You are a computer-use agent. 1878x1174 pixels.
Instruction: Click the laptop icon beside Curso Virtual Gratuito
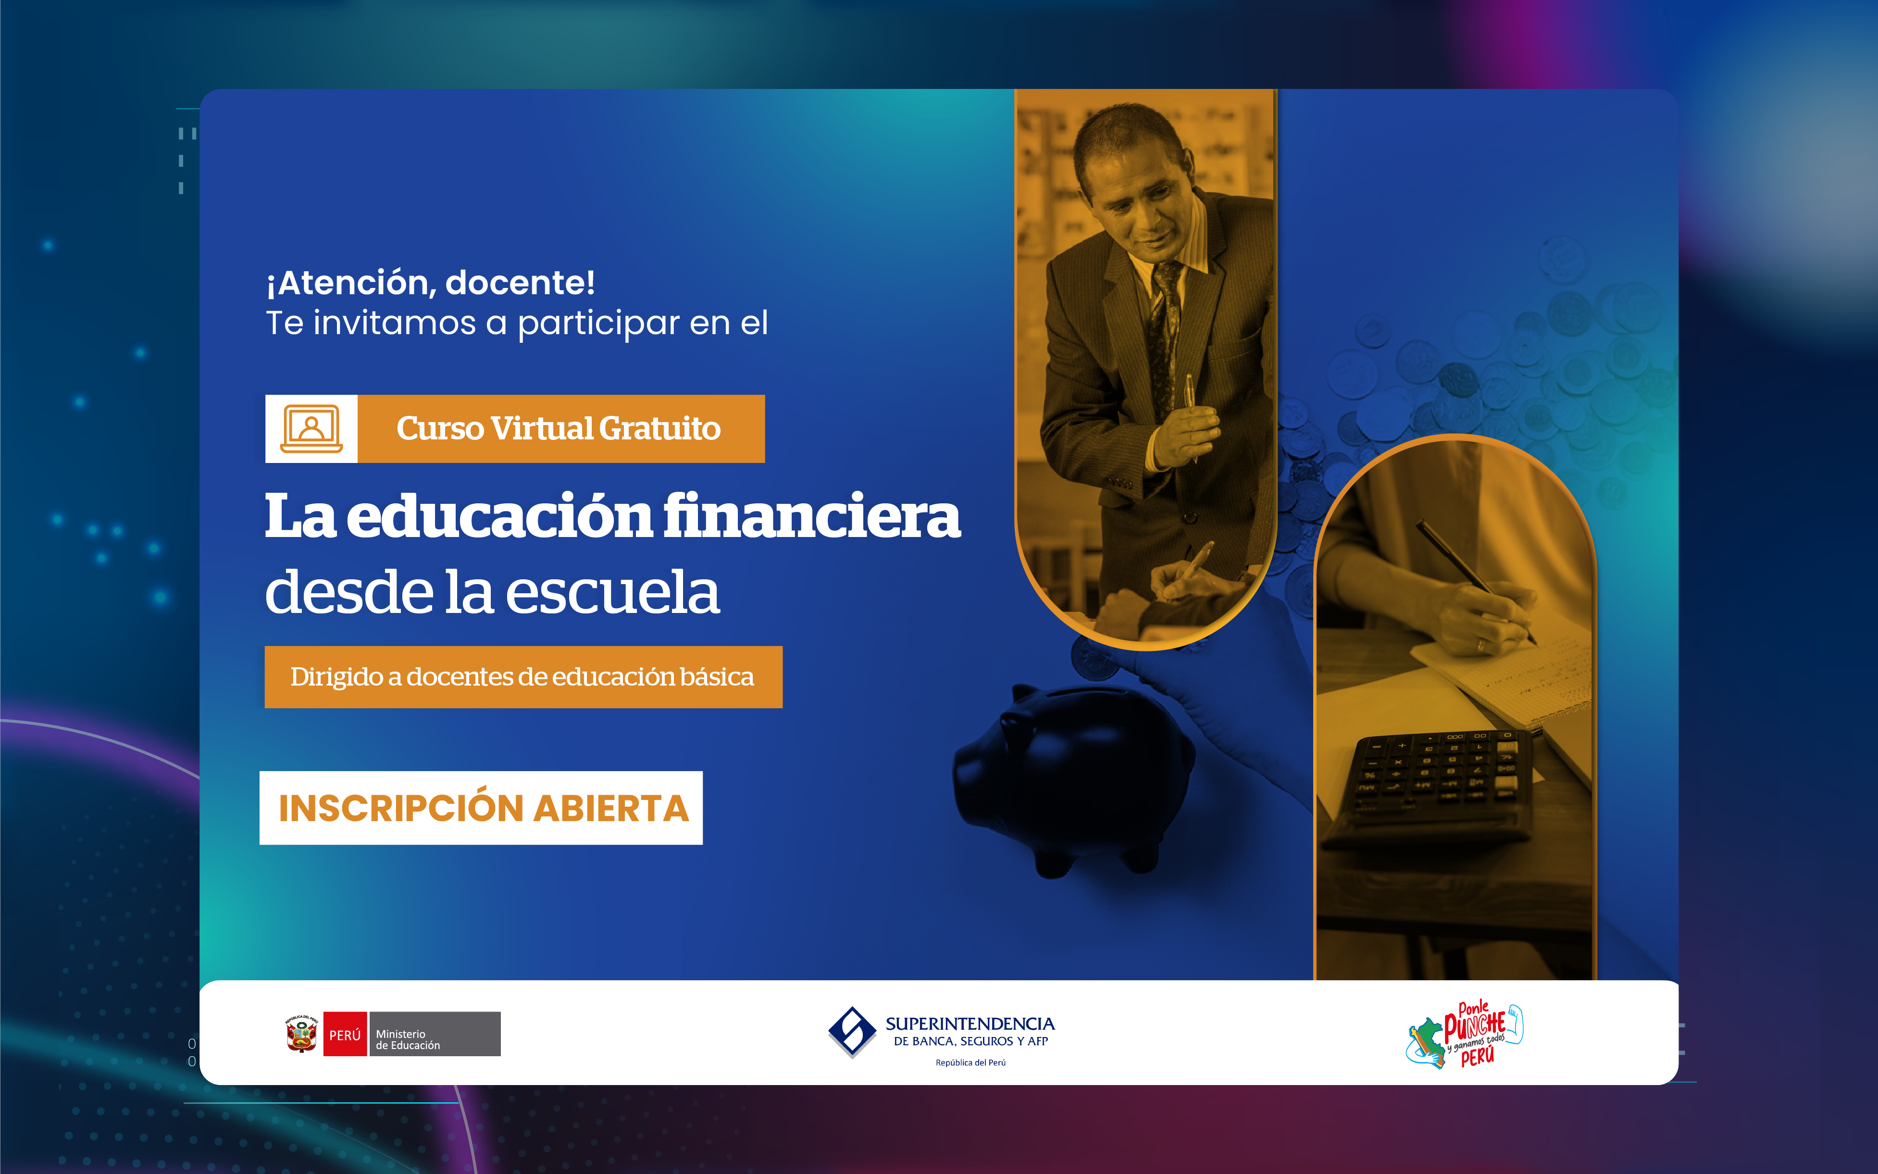tap(311, 429)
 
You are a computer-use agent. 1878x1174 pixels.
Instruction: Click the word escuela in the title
tap(612, 592)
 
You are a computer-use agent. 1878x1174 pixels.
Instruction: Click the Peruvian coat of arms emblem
tap(301, 1034)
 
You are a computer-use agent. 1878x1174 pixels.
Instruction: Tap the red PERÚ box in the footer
tap(345, 1034)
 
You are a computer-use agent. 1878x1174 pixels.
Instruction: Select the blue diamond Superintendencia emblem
tap(852, 1032)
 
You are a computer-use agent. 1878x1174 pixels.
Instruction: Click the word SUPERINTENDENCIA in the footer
tap(970, 1024)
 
